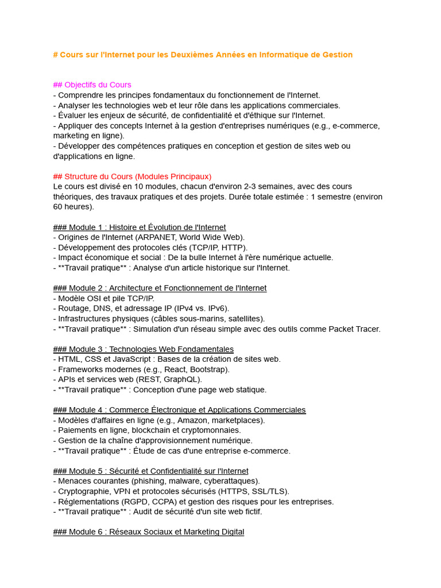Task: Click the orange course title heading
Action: point(202,55)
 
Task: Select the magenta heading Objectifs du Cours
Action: point(92,85)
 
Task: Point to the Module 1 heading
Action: point(139,227)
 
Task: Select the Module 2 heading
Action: point(160,288)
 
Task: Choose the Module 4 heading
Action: point(179,410)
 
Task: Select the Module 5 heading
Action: point(150,471)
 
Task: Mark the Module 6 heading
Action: point(148,532)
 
